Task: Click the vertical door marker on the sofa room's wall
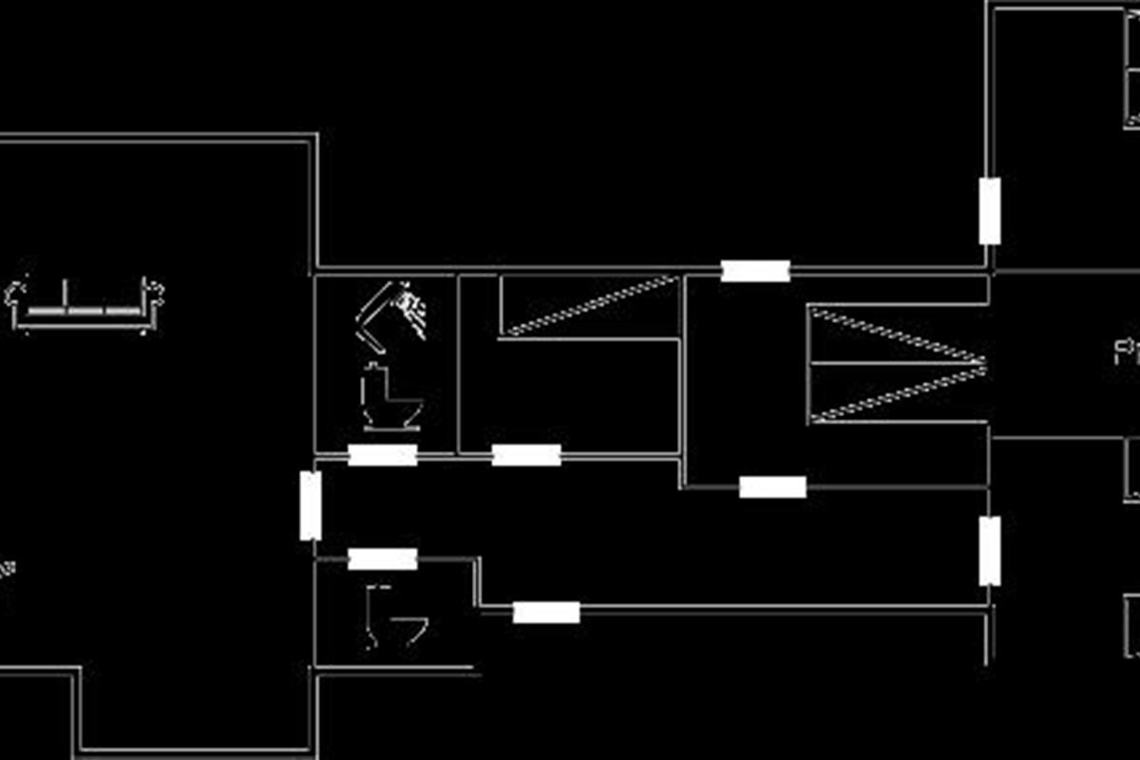(311, 505)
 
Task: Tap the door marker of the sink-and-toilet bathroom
(383, 455)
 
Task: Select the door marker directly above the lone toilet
(383, 559)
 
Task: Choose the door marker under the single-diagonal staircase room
(526, 455)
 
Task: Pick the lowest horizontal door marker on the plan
(546, 613)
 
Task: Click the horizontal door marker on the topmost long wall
(755, 271)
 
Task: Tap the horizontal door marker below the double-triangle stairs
(772, 487)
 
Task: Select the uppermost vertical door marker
(990, 210)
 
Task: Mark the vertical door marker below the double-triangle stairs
(990, 551)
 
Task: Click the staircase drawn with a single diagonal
(589, 306)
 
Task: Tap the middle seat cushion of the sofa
(85, 310)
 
